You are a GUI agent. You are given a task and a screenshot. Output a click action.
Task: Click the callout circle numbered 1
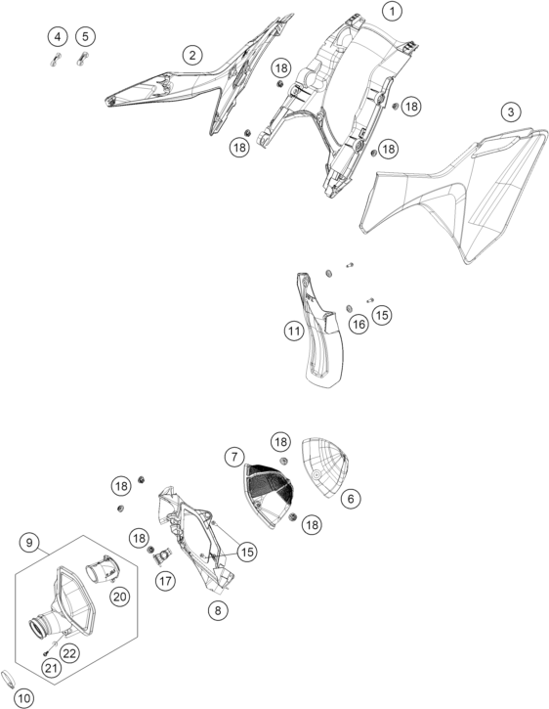pyautogui.click(x=392, y=11)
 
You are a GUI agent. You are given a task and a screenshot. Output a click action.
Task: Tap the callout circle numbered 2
pyautogui.click(x=192, y=55)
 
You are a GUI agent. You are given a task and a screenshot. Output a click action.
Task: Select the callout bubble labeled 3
pyautogui.click(x=511, y=111)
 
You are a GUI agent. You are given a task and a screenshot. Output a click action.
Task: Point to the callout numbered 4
pyautogui.click(x=58, y=36)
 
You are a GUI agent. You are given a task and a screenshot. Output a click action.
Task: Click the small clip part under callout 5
pyautogui.click(x=82, y=60)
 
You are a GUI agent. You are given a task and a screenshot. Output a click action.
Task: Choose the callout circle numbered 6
pyautogui.click(x=351, y=499)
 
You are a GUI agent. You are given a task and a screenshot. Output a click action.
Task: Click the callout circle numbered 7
pyautogui.click(x=234, y=457)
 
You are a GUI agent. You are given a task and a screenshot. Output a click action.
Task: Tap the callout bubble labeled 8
pyautogui.click(x=218, y=610)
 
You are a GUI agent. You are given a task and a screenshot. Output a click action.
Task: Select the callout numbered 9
pyautogui.click(x=29, y=542)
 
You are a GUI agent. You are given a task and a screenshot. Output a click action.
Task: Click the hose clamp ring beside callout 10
pyautogui.click(x=7, y=678)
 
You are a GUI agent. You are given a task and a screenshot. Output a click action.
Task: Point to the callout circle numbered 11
pyautogui.click(x=294, y=331)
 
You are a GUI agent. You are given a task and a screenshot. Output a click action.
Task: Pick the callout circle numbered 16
pyautogui.click(x=359, y=324)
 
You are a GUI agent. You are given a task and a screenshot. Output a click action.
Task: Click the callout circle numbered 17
pyautogui.click(x=165, y=580)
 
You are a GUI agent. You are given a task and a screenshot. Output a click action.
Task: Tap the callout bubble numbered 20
pyautogui.click(x=120, y=597)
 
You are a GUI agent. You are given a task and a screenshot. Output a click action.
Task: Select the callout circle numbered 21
pyautogui.click(x=51, y=667)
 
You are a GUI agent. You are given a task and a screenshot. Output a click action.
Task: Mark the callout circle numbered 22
pyautogui.click(x=70, y=653)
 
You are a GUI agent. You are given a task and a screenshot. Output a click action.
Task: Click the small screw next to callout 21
pyautogui.click(x=46, y=652)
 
